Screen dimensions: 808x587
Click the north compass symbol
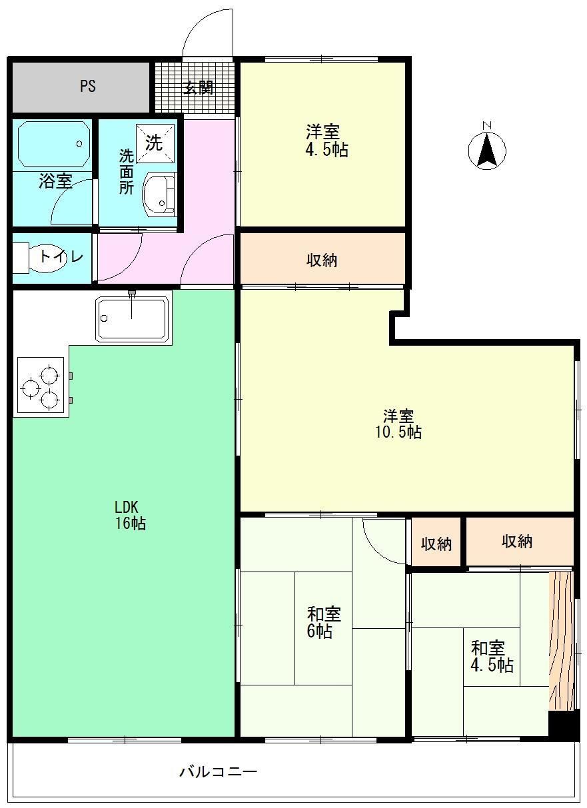[x=487, y=151]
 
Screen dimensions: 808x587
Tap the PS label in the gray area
[x=87, y=86]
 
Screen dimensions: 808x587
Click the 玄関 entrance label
[x=198, y=87]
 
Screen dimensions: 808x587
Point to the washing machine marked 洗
[x=155, y=142]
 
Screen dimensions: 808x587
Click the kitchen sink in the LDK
[x=132, y=320]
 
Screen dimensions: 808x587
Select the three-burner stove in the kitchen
[x=40, y=387]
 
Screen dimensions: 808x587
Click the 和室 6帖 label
[x=324, y=621]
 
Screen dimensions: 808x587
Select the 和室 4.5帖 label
[x=492, y=655]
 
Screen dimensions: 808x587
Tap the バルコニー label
[x=218, y=772]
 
